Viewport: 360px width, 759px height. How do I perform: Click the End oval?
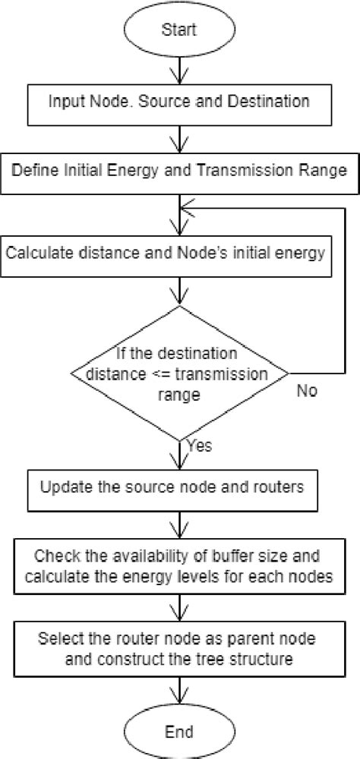click(179, 732)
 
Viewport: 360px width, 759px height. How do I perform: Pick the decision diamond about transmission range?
click(179, 373)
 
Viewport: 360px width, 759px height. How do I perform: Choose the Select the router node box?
click(179, 647)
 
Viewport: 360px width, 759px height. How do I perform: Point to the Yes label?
click(199, 446)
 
